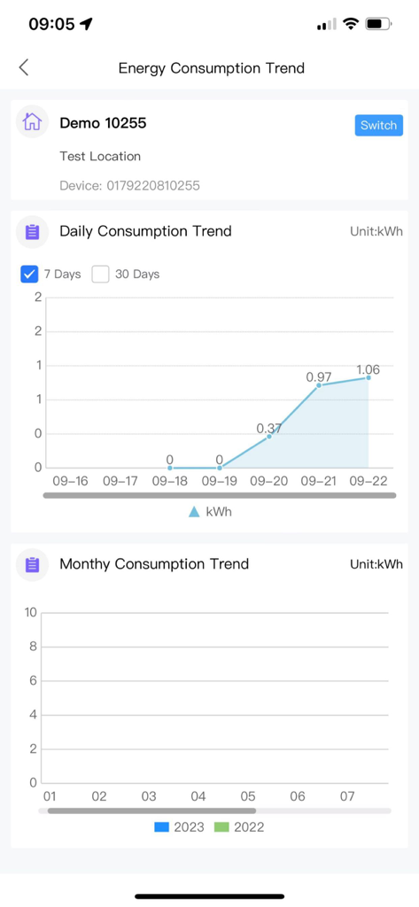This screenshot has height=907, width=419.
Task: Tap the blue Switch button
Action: (x=378, y=125)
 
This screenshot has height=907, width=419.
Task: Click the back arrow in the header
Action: (x=24, y=67)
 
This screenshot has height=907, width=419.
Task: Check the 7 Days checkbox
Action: (x=29, y=274)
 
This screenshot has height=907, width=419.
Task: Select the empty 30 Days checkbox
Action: (x=101, y=274)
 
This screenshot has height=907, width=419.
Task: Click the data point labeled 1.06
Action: (x=369, y=377)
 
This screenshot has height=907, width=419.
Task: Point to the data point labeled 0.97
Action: (x=319, y=384)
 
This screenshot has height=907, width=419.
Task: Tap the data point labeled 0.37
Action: (x=269, y=436)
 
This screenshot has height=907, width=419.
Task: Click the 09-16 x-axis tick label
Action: (x=71, y=481)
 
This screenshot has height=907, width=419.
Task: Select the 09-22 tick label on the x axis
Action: (x=369, y=481)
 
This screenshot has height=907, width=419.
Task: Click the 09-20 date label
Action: (x=269, y=481)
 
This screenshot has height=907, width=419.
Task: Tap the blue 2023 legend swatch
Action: (x=161, y=827)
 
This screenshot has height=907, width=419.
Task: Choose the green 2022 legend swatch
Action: (x=221, y=827)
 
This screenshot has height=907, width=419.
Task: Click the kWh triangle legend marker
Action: (x=194, y=512)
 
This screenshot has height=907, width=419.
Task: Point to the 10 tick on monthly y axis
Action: (x=31, y=612)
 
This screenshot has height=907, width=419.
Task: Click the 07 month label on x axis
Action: (x=347, y=796)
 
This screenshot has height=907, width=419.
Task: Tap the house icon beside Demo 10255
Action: (x=33, y=122)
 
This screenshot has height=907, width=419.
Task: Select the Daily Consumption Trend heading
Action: (x=145, y=231)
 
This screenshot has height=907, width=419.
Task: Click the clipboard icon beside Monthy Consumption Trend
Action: (x=33, y=564)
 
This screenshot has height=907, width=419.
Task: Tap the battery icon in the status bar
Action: (x=378, y=24)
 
